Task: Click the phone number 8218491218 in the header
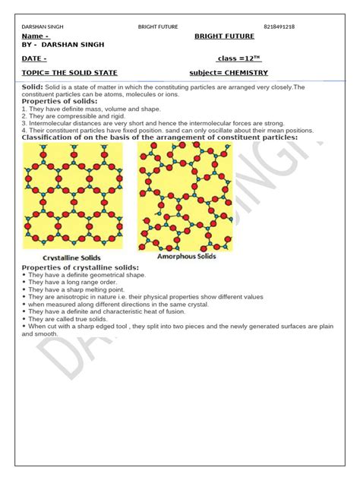(279, 27)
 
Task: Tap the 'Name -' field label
(36, 36)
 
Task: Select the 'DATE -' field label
(35, 58)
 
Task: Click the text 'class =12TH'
(238, 58)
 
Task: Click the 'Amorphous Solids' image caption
(186, 256)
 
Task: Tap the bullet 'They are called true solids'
(69, 319)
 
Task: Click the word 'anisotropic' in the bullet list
(74, 297)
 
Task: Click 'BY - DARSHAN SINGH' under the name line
(63, 45)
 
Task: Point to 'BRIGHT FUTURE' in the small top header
(158, 27)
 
